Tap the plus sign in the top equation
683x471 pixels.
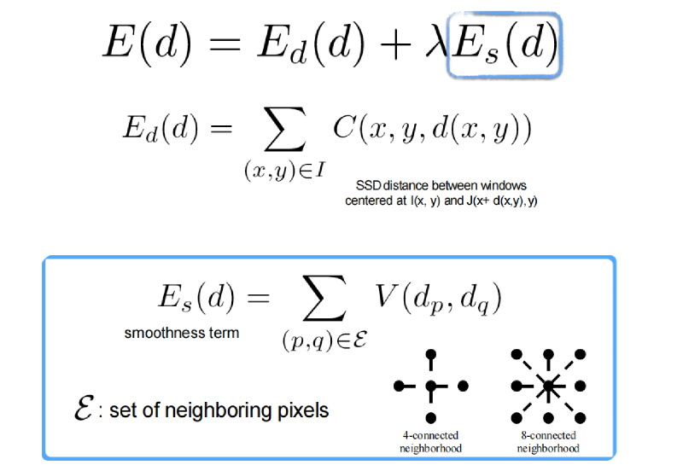coord(395,44)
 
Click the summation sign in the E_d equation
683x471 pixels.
coord(285,129)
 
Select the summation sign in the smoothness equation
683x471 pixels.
coord(325,298)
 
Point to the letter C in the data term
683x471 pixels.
coord(346,127)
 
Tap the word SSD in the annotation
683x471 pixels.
coord(368,185)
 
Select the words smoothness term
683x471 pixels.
coord(182,333)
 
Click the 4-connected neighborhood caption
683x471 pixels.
coord(430,442)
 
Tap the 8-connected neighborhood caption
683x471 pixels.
coord(548,442)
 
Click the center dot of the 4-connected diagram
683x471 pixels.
coord(431,386)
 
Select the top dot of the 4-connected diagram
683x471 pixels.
coord(431,354)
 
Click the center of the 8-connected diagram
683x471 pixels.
coord(548,386)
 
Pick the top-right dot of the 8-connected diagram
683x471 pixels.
coord(581,354)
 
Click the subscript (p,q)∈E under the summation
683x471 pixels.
coord(325,340)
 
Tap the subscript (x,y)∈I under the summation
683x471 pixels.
coord(285,170)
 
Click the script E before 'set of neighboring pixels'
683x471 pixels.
coord(83,408)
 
